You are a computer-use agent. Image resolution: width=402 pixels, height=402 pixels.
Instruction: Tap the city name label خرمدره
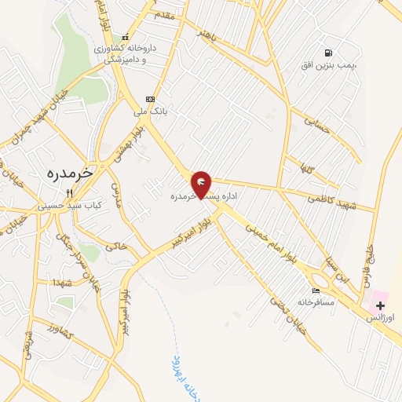(65, 170)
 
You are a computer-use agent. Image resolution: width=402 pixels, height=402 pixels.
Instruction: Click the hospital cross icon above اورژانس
(381, 304)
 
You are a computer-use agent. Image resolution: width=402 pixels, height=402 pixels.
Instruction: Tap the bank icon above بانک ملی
(150, 99)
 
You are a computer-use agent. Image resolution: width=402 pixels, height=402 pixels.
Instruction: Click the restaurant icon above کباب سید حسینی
(69, 192)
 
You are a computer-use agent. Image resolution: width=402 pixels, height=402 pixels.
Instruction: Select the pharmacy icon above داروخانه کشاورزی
(126, 37)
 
